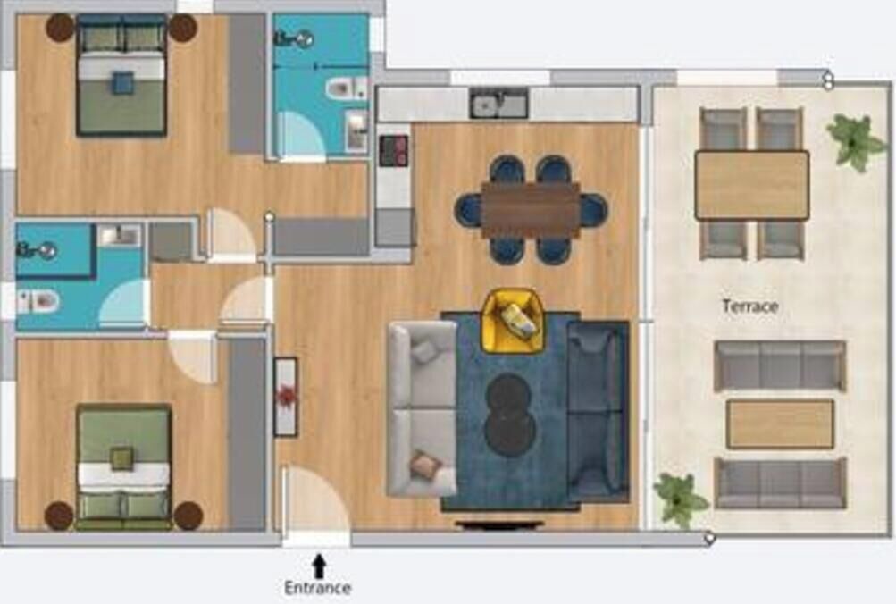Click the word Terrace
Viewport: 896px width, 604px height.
[x=749, y=306]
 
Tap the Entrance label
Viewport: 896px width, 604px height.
[x=318, y=587]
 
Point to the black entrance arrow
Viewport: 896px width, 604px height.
[x=319, y=566]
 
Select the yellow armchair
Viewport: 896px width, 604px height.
[x=512, y=321]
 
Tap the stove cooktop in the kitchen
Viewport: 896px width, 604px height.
[x=394, y=150]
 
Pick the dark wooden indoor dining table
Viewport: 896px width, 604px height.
[x=531, y=210]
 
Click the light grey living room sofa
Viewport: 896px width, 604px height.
[x=423, y=408]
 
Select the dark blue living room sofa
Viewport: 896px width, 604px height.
[x=598, y=411]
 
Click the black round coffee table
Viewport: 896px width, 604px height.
[x=510, y=415]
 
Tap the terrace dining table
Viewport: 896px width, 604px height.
[x=752, y=185]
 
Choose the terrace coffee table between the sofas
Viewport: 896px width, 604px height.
[x=780, y=424]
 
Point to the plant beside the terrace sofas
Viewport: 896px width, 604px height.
[x=680, y=499]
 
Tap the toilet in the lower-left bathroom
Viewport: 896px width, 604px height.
[x=38, y=301]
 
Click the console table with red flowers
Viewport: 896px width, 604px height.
[x=286, y=397]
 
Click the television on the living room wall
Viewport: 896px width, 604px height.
[x=499, y=523]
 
